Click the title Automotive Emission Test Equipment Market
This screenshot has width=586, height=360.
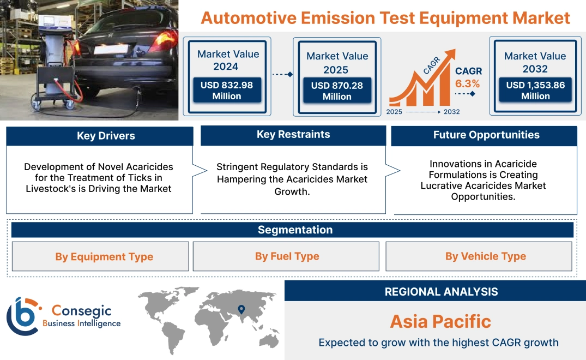point(385,17)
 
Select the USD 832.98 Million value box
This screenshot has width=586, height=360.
point(226,91)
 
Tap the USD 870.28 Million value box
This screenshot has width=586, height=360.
point(337,91)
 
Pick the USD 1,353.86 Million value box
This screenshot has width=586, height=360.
point(535,91)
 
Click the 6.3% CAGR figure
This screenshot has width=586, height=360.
point(468,83)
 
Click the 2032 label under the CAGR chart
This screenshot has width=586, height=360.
point(451,112)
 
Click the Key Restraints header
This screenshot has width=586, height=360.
point(293,135)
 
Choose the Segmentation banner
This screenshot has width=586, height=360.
point(295,230)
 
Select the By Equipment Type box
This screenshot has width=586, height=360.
point(104,256)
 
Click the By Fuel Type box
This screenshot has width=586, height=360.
point(287,256)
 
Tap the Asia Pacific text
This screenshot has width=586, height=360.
point(440,321)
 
